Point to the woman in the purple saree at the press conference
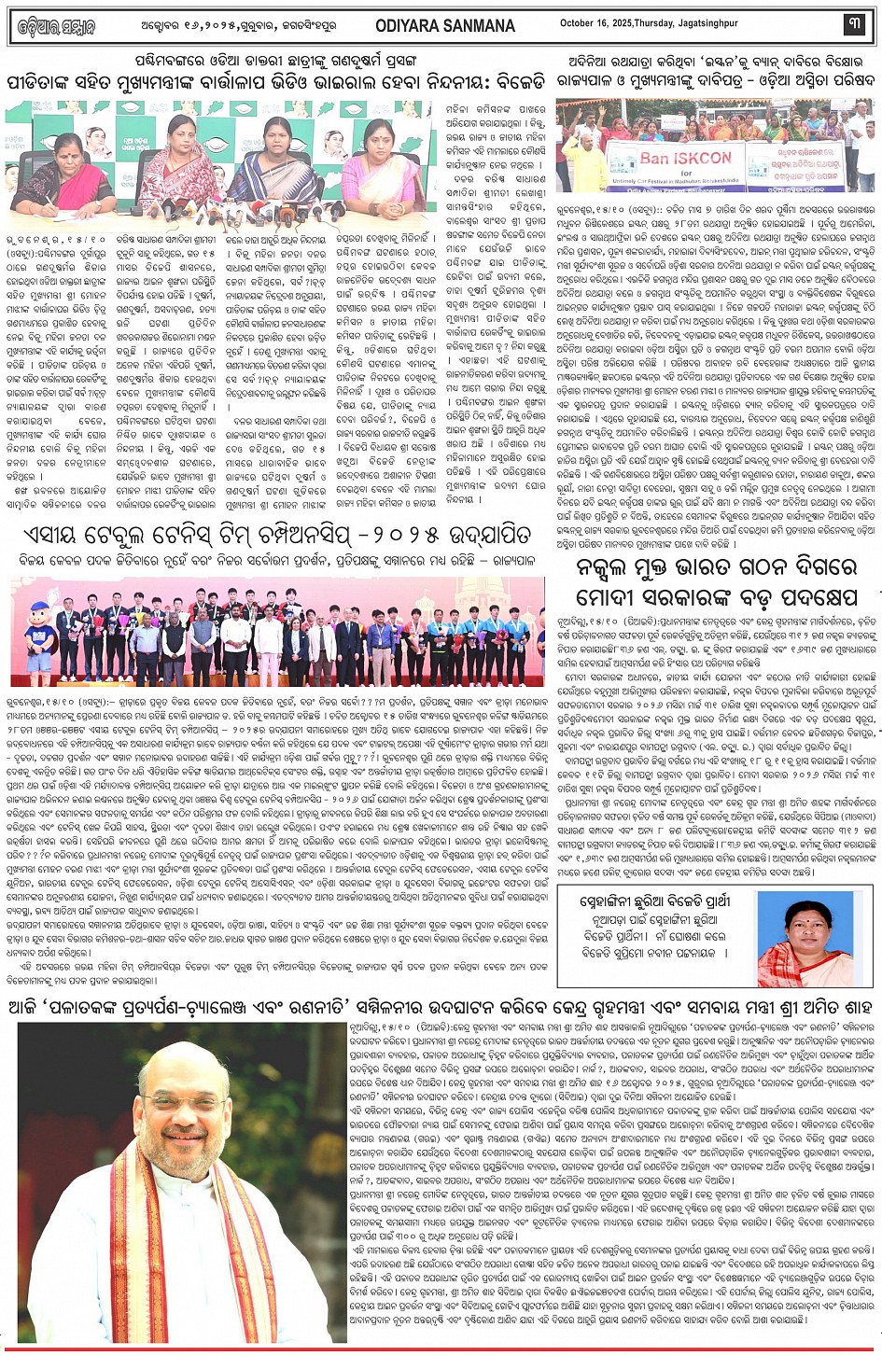(275, 163)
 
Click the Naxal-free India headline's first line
(718, 569)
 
